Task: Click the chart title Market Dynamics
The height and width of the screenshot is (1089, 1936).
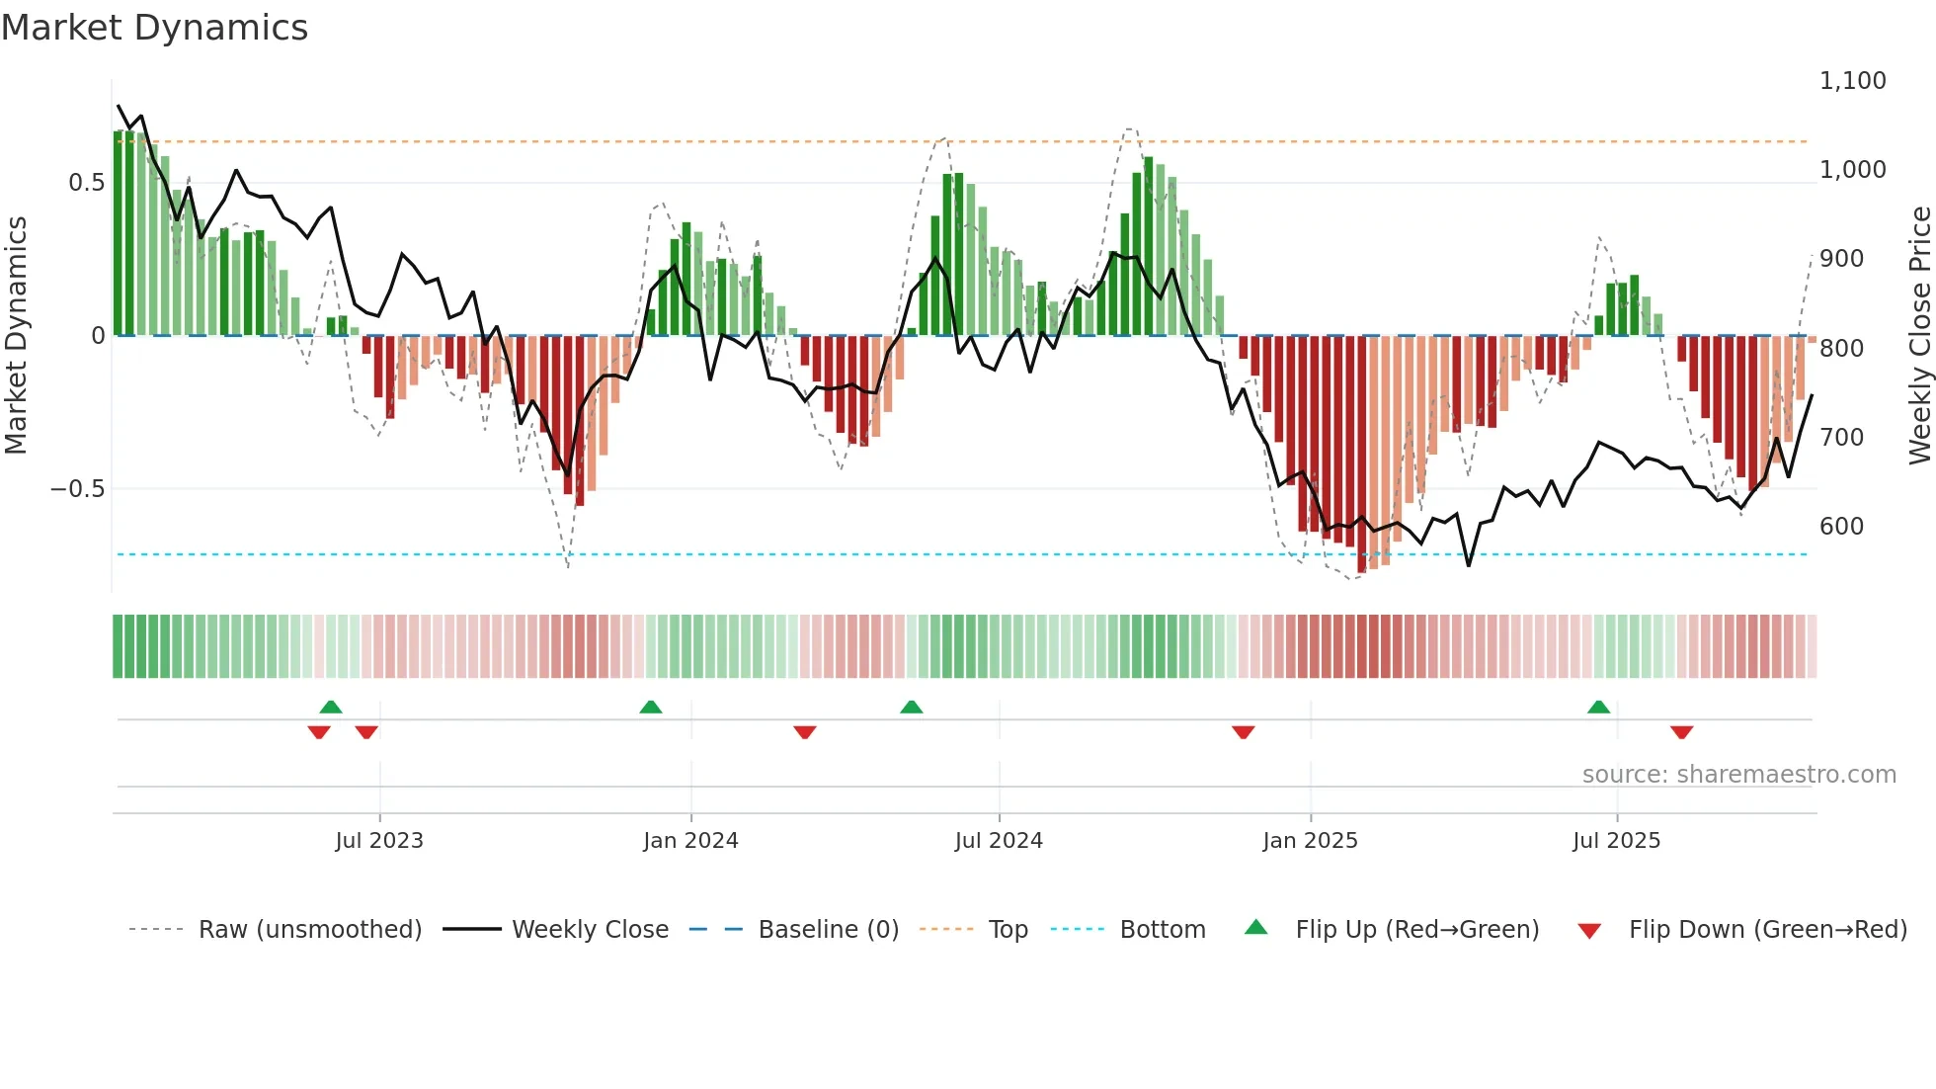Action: click(154, 28)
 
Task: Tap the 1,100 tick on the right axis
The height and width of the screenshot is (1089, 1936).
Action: click(1852, 81)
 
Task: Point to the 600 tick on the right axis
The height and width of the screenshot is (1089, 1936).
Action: click(1841, 527)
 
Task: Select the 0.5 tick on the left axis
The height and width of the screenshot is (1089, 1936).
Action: click(86, 183)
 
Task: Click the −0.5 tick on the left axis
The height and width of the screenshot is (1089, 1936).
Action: click(77, 489)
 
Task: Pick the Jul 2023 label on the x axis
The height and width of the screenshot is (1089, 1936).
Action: click(378, 841)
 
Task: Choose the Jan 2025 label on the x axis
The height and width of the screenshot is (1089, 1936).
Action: click(1310, 841)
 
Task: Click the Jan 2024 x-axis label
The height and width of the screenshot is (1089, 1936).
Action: click(690, 841)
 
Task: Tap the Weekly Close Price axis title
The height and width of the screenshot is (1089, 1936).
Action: click(1919, 336)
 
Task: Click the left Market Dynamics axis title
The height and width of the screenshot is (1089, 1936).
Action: click(16, 336)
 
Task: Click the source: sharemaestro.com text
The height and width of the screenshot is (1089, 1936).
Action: click(1738, 775)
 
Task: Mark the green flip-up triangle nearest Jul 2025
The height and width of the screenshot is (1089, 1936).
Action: click(1598, 708)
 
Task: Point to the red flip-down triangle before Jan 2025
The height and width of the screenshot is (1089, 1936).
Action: click(1243, 732)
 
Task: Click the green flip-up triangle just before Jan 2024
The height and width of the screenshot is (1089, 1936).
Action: click(650, 708)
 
